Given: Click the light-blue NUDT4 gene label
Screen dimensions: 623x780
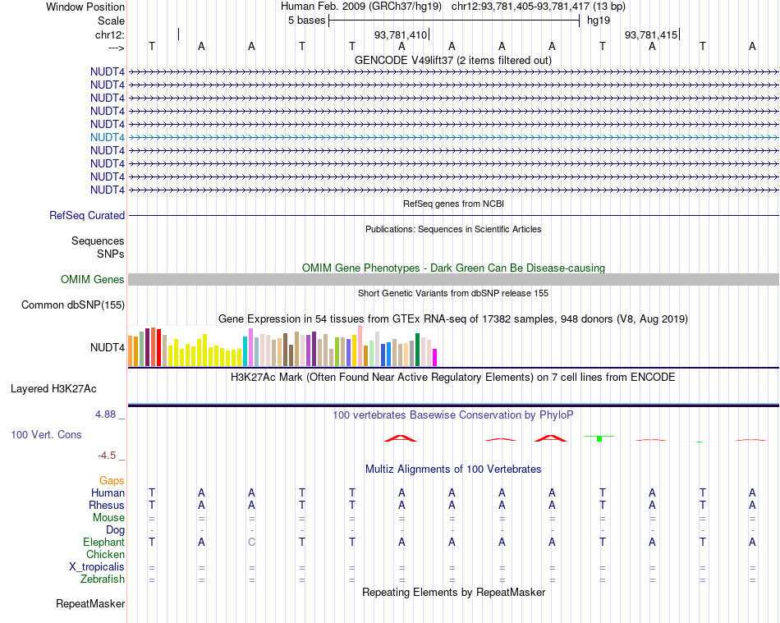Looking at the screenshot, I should pyautogui.click(x=108, y=137).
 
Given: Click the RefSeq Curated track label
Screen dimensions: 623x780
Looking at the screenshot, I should pyautogui.click(x=87, y=215).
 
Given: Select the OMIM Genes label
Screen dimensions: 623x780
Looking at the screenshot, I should pyautogui.click(x=93, y=280).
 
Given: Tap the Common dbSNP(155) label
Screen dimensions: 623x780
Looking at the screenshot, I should pyautogui.click(x=72, y=305).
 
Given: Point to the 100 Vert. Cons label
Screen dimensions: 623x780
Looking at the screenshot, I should pyautogui.click(x=46, y=434).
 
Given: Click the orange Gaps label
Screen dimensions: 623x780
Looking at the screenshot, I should pyautogui.click(x=112, y=480).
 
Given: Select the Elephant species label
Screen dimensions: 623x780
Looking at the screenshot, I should pyautogui.click(x=103, y=543).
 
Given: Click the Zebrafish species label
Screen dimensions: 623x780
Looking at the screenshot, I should pyautogui.click(x=102, y=579).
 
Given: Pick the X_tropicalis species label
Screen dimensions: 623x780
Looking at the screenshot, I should pyautogui.click(x=97, y=567).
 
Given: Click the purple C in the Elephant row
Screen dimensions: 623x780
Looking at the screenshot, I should pyautogui.click(x=251, y=543).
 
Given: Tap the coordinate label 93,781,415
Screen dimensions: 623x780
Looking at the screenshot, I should pyautogui.click(x=651, y=35).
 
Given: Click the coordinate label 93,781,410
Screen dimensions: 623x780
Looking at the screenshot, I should pyautogui.click(x=401, y=35).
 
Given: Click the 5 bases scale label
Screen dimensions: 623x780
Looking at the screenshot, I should pyautogui.click(x=306, y=21).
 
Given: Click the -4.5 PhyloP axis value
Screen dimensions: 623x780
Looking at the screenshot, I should pyautogui.click(x=107, y=455).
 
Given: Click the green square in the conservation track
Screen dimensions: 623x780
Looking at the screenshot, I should pyautogui.click(x=599, y=439).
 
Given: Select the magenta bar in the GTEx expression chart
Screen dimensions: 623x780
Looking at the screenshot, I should pyautogui.click(x=435, y=357).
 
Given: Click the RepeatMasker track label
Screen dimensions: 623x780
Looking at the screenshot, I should pyautogui.click(x=90, y=604).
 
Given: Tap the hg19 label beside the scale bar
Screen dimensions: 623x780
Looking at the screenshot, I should pyautogui.click(x=598, y=21).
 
